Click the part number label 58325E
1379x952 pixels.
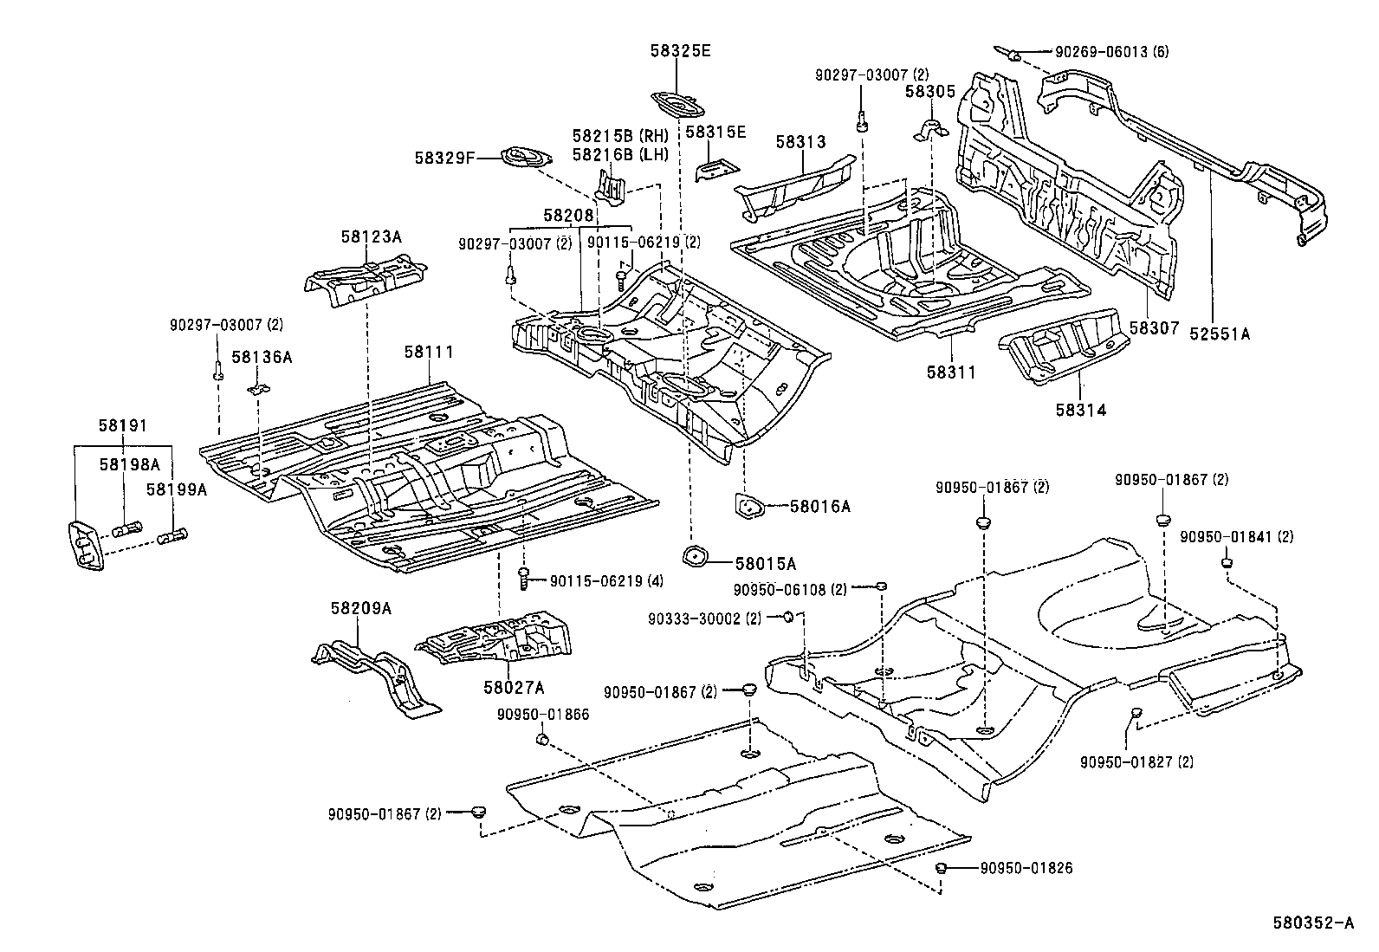680,51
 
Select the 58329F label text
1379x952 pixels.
443,158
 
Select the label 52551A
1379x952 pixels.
1220,332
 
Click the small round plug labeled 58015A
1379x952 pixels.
695,556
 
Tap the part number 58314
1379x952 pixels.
1080,410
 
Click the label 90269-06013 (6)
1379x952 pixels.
1111,52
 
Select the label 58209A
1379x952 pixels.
360,608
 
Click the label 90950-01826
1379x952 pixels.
1026,867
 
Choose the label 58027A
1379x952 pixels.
514,687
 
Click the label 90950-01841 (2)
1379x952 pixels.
1236,537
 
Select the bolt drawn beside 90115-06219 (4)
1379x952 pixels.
524,578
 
